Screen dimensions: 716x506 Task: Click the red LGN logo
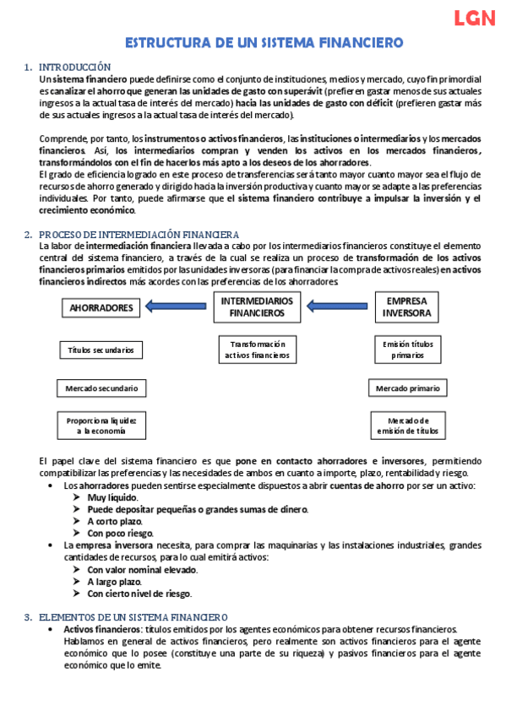474,19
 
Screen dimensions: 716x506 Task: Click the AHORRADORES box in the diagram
101,308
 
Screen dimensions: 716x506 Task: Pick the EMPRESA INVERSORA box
406,306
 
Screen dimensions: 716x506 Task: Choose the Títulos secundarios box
101,350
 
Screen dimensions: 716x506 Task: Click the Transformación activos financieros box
256,350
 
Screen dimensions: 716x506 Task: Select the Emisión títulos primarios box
408,350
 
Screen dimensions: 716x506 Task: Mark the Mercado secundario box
101,388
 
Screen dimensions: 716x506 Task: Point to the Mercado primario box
408,388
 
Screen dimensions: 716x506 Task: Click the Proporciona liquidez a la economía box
101,425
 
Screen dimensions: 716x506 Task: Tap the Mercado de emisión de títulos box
408,425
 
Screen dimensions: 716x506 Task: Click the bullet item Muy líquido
112,498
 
